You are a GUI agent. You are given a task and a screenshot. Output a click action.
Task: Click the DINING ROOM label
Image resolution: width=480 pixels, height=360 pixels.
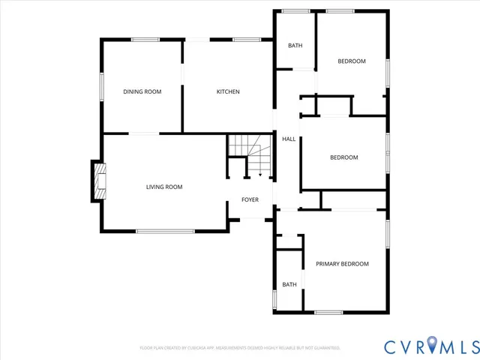142,91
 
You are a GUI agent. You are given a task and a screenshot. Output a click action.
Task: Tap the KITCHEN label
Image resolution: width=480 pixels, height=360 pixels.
228,91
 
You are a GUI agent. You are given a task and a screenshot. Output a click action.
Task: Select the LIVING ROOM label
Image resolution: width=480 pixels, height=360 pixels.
164,187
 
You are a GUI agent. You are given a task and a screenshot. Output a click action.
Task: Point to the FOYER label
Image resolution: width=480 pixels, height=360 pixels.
250,199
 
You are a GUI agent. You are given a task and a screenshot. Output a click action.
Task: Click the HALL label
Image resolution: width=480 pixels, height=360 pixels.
288,139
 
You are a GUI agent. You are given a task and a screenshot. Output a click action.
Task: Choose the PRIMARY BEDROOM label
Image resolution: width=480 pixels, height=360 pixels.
342,263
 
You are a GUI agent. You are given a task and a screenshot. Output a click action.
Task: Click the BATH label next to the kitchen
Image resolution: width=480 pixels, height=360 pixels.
295,46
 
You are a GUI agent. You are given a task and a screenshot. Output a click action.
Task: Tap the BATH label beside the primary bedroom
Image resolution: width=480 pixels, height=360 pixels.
289,284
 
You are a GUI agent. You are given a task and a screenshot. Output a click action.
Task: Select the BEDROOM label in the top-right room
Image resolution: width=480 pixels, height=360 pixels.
351,61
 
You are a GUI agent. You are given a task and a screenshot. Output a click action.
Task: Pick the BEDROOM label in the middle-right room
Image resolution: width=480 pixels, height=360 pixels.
344,157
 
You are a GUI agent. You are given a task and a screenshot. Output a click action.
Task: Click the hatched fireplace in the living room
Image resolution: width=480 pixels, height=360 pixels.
100,182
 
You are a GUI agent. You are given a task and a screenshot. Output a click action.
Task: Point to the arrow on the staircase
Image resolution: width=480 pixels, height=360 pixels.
259,173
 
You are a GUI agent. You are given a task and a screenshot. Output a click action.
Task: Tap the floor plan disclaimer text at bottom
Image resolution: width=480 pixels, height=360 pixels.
240,348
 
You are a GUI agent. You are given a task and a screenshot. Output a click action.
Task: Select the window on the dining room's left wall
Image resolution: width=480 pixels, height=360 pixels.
102,85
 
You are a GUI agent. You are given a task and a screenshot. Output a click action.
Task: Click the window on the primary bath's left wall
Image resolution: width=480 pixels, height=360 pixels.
275,298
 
